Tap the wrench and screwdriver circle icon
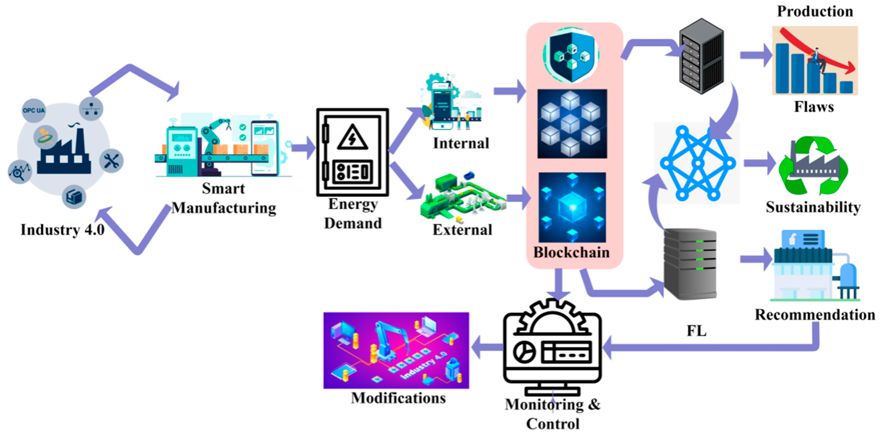111,160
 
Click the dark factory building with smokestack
64,154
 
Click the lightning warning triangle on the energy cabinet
352,138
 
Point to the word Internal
461,143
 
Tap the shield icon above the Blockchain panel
571,55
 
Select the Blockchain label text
571,252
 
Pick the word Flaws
814,107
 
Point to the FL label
696,331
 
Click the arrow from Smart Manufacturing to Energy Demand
303,148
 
